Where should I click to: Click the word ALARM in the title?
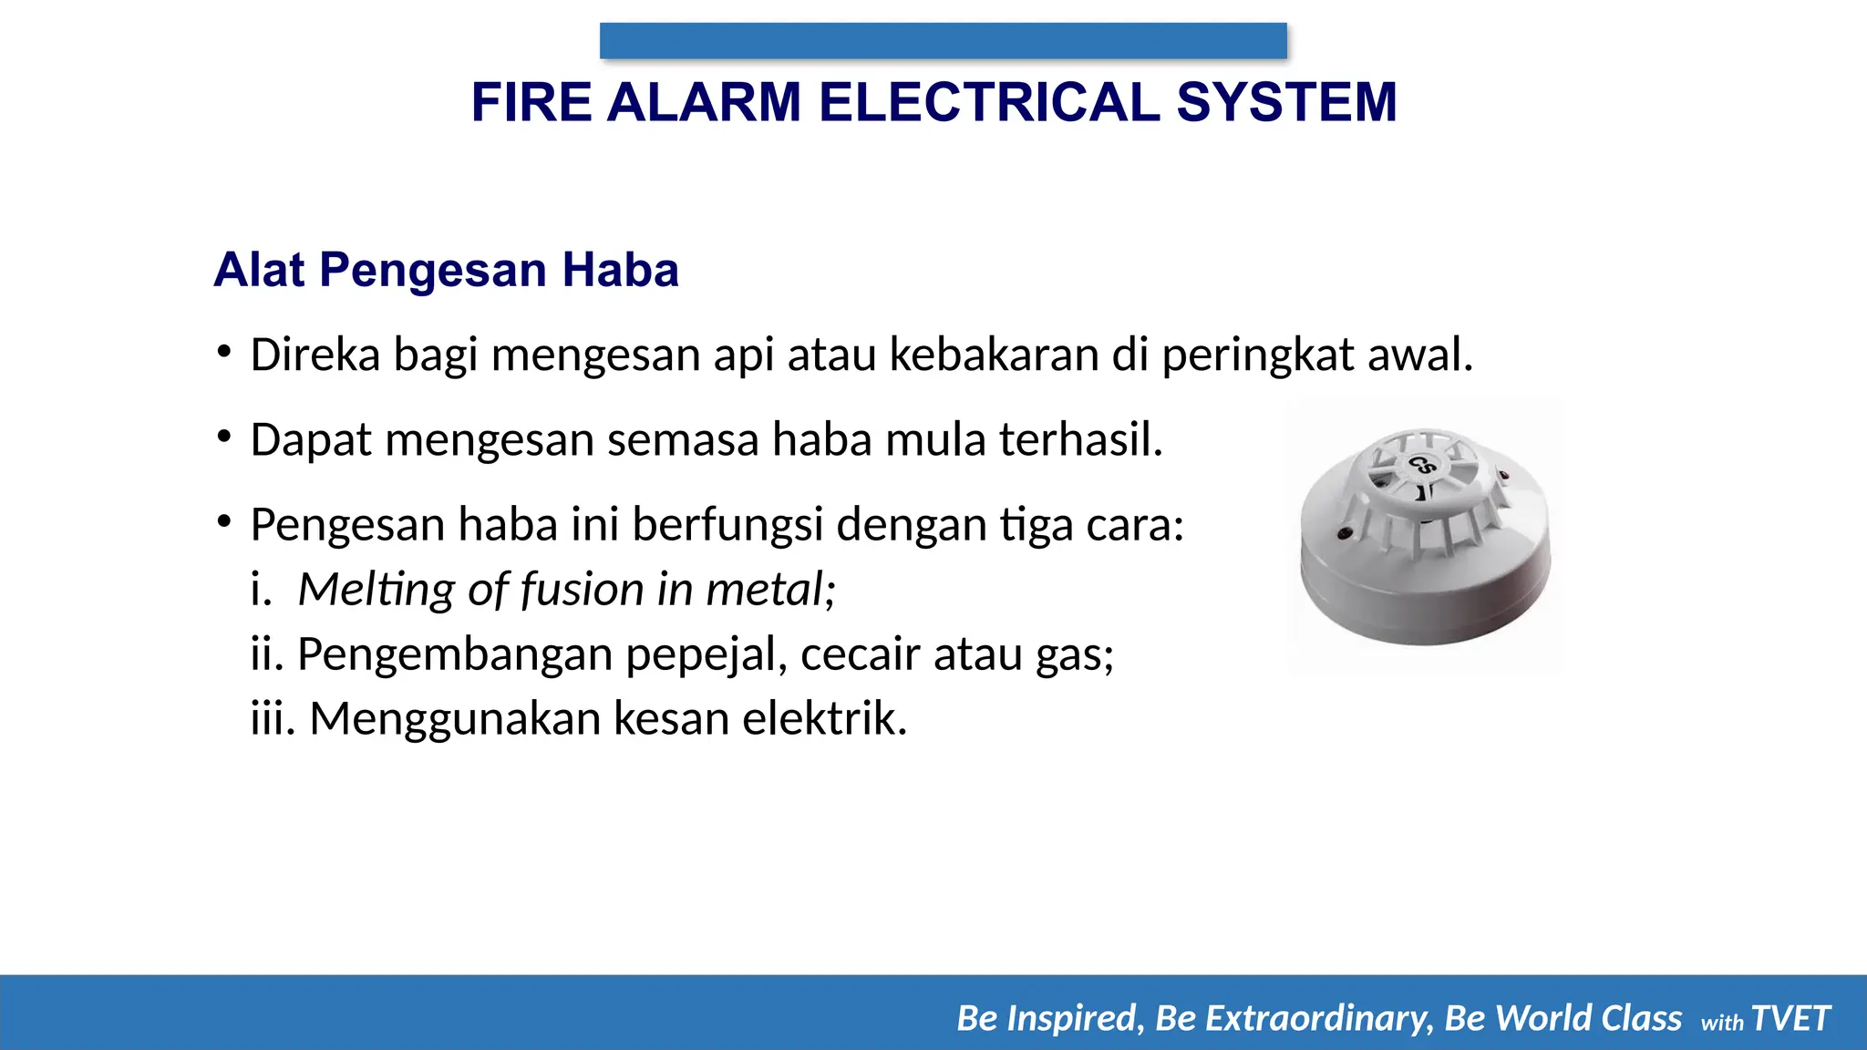point(703,102)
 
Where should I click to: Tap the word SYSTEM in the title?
point(1286,102)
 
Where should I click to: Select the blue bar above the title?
point(943,41)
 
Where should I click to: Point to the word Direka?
point(315,355)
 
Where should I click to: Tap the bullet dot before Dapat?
point(223,437)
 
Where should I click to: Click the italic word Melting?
point(376,590)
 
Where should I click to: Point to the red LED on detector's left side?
point(1343,531)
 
